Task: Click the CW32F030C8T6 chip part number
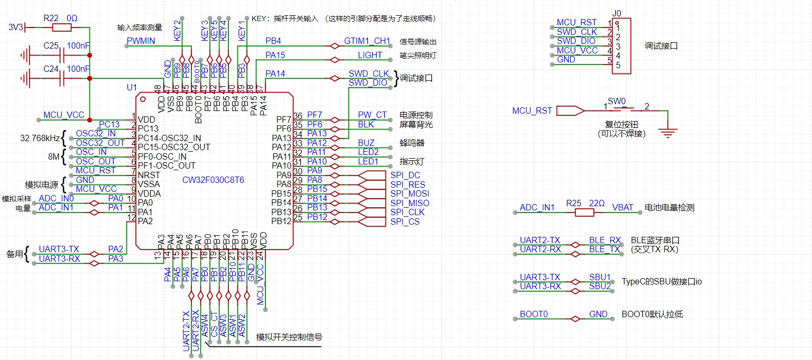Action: click(x=214, y=180)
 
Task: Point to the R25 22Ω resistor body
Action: click(x=584, y=213)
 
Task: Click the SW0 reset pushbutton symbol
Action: click(x=626, y=109)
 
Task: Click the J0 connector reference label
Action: click(x=616, y=13)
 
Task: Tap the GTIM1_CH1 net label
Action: click(x=367, y=41)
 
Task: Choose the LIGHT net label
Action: click(x=370, y=55)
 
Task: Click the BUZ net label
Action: click(x=366, y=143)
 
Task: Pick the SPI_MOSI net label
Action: click(x=410, y=194)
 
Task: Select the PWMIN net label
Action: click(x=141, y=41)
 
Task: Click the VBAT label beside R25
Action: click(x=622, y=207)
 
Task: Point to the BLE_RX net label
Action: click(x=605, y=240)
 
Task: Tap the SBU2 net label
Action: click(x=600, y=286)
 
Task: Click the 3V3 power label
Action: click(x=16, y=27)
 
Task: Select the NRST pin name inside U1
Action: click(x=149, y=175)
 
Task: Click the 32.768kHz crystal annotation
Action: click(x=40, y=139)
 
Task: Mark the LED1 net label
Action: click(x=368, y=161)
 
